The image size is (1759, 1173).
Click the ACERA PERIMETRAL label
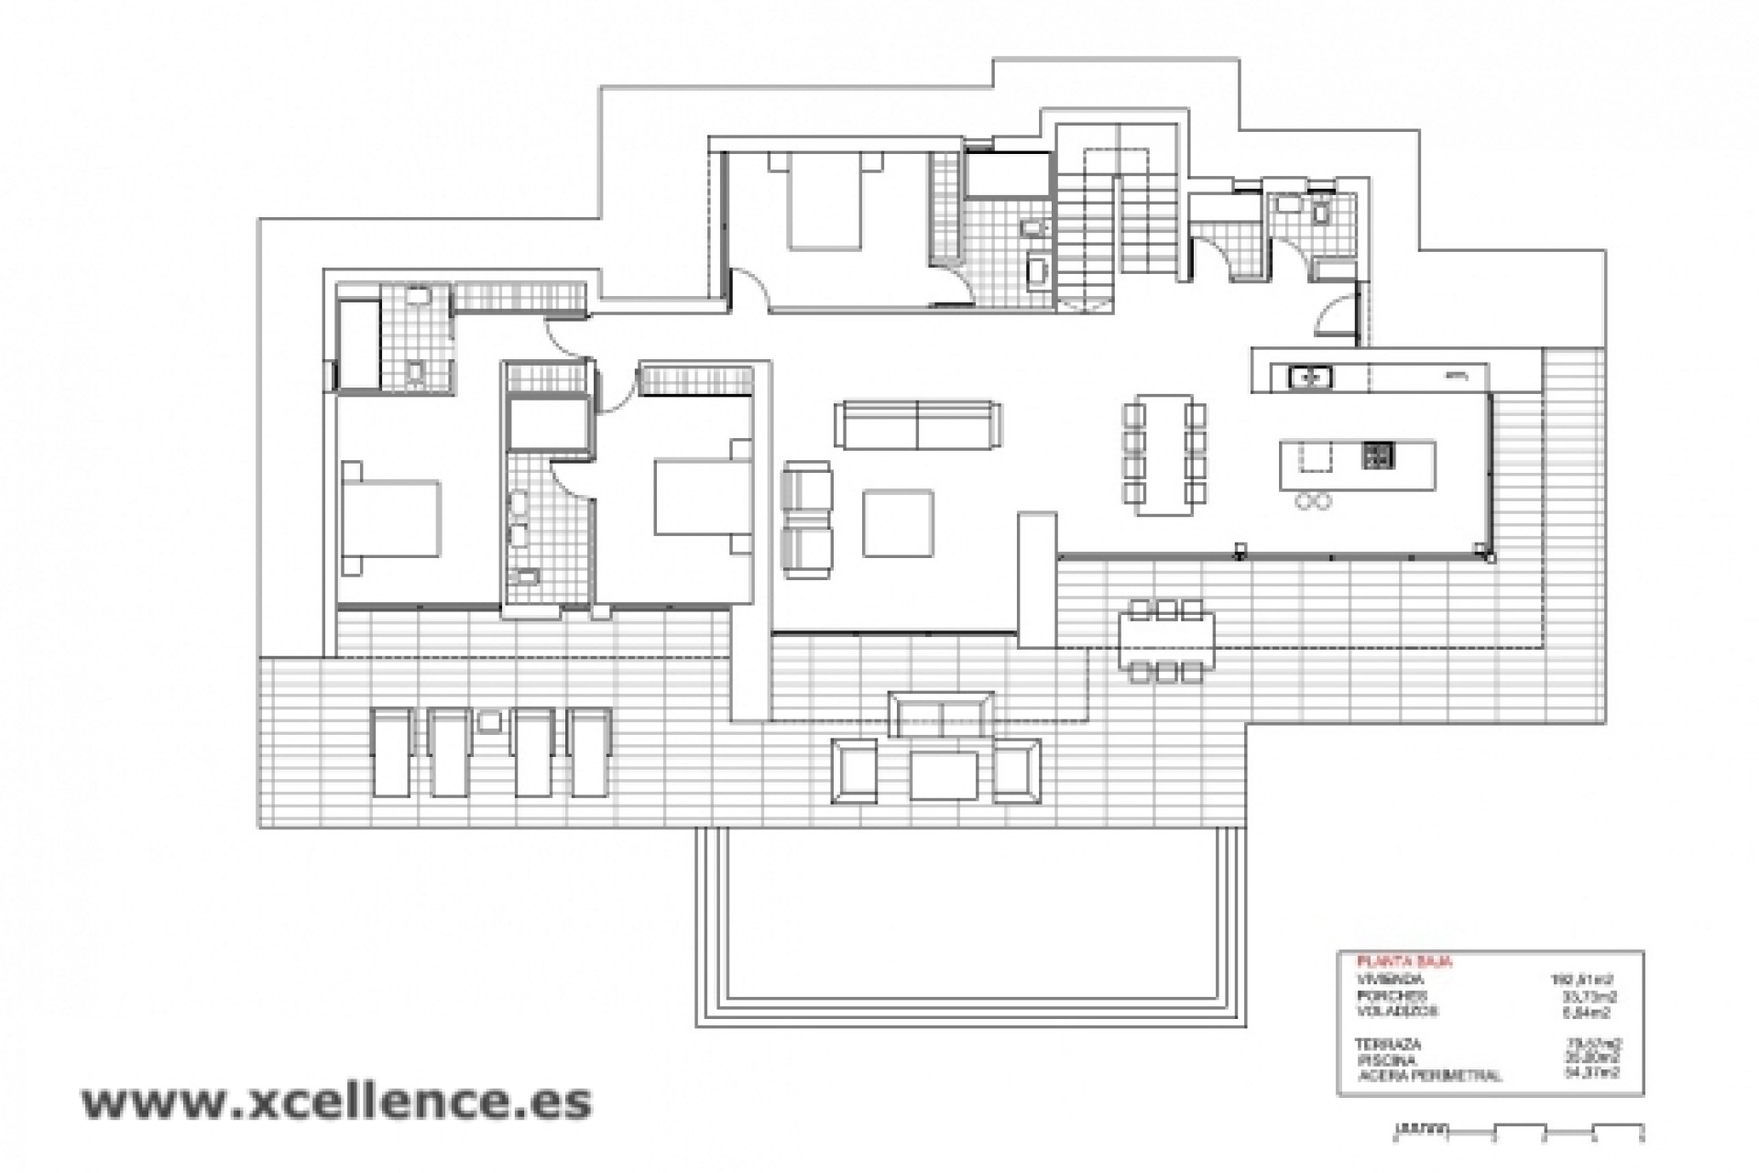click(1429, 1075)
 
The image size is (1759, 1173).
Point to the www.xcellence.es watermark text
click(336, 1102)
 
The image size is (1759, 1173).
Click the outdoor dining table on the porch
click(1165, 641)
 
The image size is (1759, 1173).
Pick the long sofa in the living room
click(917, 424)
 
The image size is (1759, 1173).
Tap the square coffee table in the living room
click(898, 523)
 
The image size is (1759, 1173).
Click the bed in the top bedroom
click(825, 202)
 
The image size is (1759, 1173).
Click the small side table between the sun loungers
click(489, 720)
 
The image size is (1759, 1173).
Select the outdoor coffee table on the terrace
click(945, 775)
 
